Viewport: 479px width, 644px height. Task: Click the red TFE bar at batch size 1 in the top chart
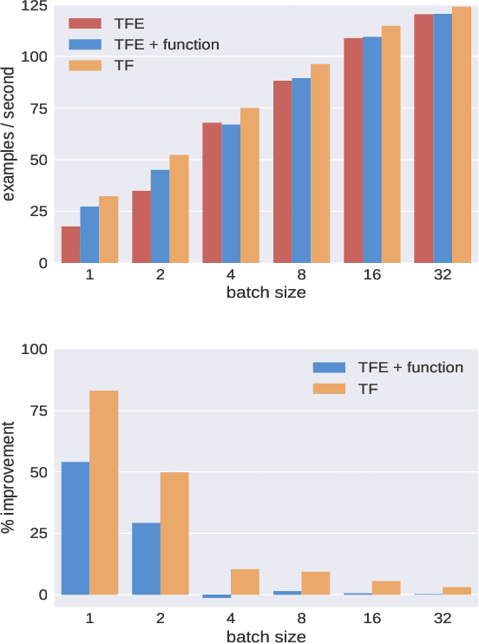pyautogui.click(x=70, y=245)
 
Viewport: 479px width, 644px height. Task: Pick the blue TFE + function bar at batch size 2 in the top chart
pyautogui.click(x=160, y=216)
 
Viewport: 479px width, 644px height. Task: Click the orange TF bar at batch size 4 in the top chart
pyautogui.click(x=250, y=185)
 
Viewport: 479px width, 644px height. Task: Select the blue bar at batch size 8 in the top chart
pyautogui.click(x=301, y=170)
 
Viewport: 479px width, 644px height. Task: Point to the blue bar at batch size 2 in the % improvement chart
pyautogui.click(x=146, y=558)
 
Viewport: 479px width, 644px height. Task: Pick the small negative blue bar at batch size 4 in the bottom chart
pyautogui.click(x=217, y=596)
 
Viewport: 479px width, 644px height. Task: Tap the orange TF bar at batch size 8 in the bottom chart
pyautogui.click(x=315, y=583)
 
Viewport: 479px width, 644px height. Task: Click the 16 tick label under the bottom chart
pyautogui.click(x=371, y=618)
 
